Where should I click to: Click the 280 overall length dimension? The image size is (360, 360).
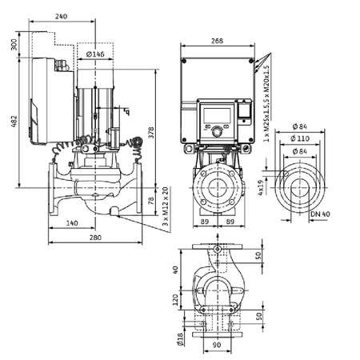click(x=95, y=238)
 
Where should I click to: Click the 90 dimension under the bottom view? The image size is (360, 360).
click(x=217, y=346)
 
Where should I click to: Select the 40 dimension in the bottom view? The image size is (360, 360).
click(x=174, y=270)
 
